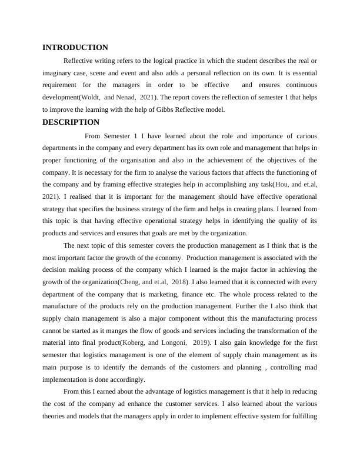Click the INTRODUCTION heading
pyautogui.click(x=75, y=47)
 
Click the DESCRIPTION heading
pyautogui.click(x=71, y=122)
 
